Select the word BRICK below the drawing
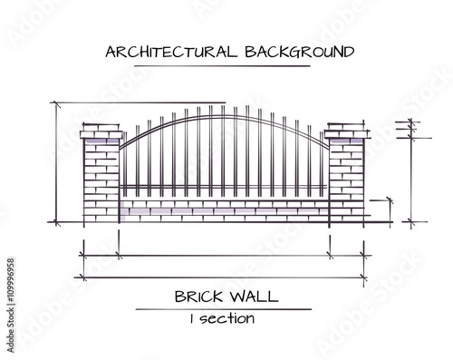coord(198,296)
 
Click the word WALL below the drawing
coord(255,296)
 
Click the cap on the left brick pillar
coord(100,135)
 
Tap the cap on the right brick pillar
coord(346,135)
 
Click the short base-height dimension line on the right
coord(390,210)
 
